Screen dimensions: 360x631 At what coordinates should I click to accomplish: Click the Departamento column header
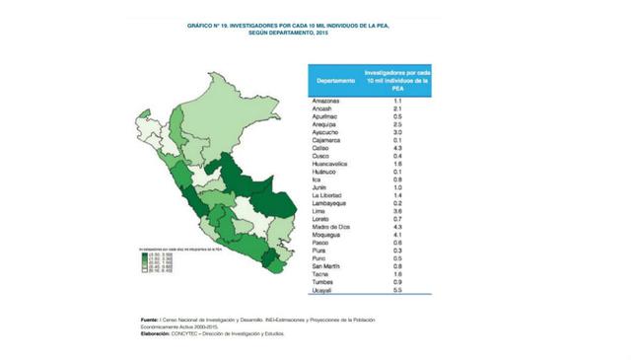point(336,80)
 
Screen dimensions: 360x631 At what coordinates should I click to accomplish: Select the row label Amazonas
point(327,101)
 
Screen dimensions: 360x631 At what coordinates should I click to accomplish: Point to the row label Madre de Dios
point(333,227)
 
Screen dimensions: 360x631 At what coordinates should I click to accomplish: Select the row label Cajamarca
point(328,139)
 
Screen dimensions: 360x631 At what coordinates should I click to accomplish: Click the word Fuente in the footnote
point(148,320)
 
